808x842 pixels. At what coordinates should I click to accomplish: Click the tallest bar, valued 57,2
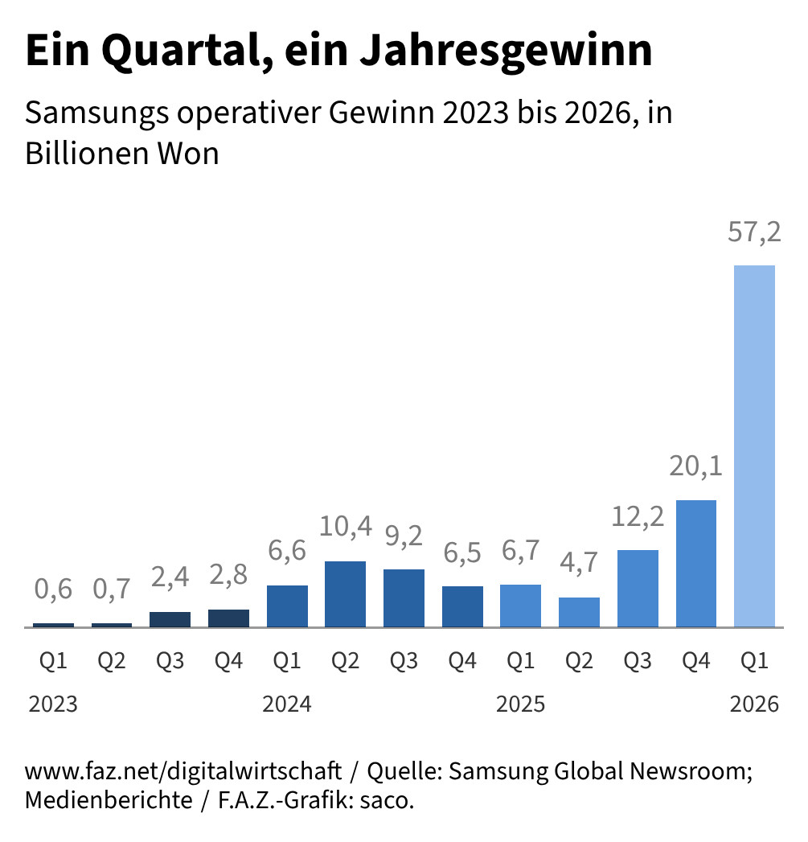tap(755, 446)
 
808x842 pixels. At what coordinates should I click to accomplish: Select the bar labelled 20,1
tap(696, 563)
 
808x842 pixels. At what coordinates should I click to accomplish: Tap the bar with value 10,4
tap(345, 594)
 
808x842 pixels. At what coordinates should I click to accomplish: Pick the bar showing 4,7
tap(579, 612)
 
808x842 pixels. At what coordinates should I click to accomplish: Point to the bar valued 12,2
tap(638, 588)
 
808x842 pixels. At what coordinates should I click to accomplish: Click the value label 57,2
tap(755, 233)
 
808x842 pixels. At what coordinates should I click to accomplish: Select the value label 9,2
tap(404, 536)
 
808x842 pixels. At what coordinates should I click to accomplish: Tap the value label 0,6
tap(53, 589)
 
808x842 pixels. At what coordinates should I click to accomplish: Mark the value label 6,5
tap(462, 553)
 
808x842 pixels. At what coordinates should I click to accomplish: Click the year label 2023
tap(53, 705)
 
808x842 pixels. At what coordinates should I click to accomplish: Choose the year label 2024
tap(287, 705)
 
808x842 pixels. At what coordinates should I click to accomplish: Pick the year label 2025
tap(521, 705)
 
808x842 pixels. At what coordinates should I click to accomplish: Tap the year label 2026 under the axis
tap(755, 705)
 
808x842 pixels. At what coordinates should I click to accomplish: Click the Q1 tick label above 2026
tap(755, 662)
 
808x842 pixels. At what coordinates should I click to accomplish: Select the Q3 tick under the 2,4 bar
tap(170, 662)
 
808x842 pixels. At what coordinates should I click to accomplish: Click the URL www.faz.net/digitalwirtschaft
tap(183, 772)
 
